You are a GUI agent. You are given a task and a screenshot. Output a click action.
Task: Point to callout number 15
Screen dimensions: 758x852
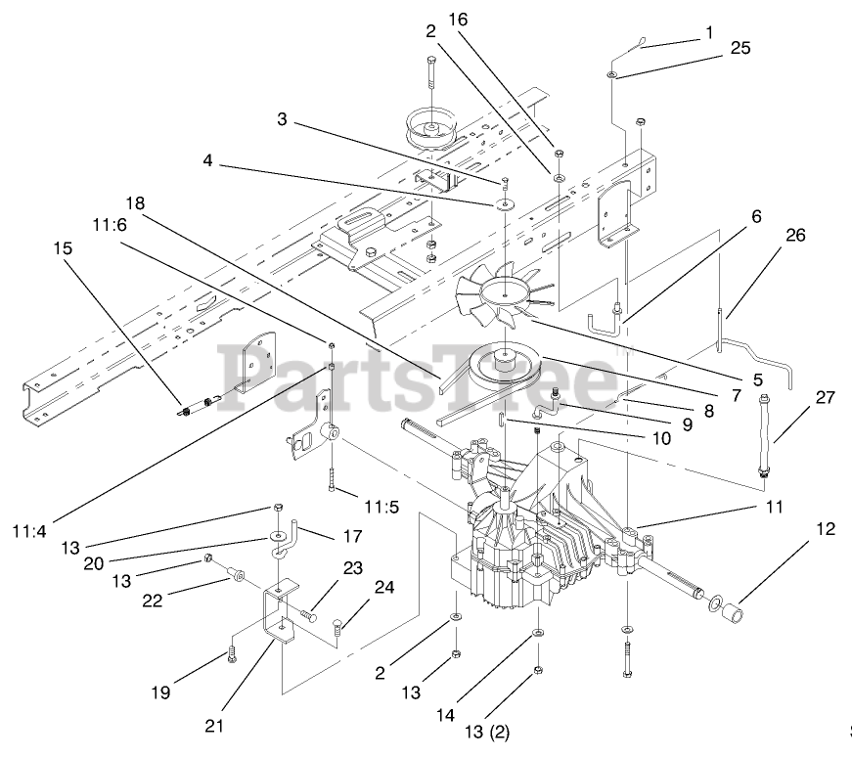click(x=64, y=248)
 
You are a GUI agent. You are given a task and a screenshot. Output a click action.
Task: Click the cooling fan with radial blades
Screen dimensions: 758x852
click(x=505, y=290)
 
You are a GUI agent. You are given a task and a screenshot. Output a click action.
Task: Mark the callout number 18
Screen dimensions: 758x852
click(x=135, y=203)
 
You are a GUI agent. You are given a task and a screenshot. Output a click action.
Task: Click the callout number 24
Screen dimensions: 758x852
click(x=384, y=589)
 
